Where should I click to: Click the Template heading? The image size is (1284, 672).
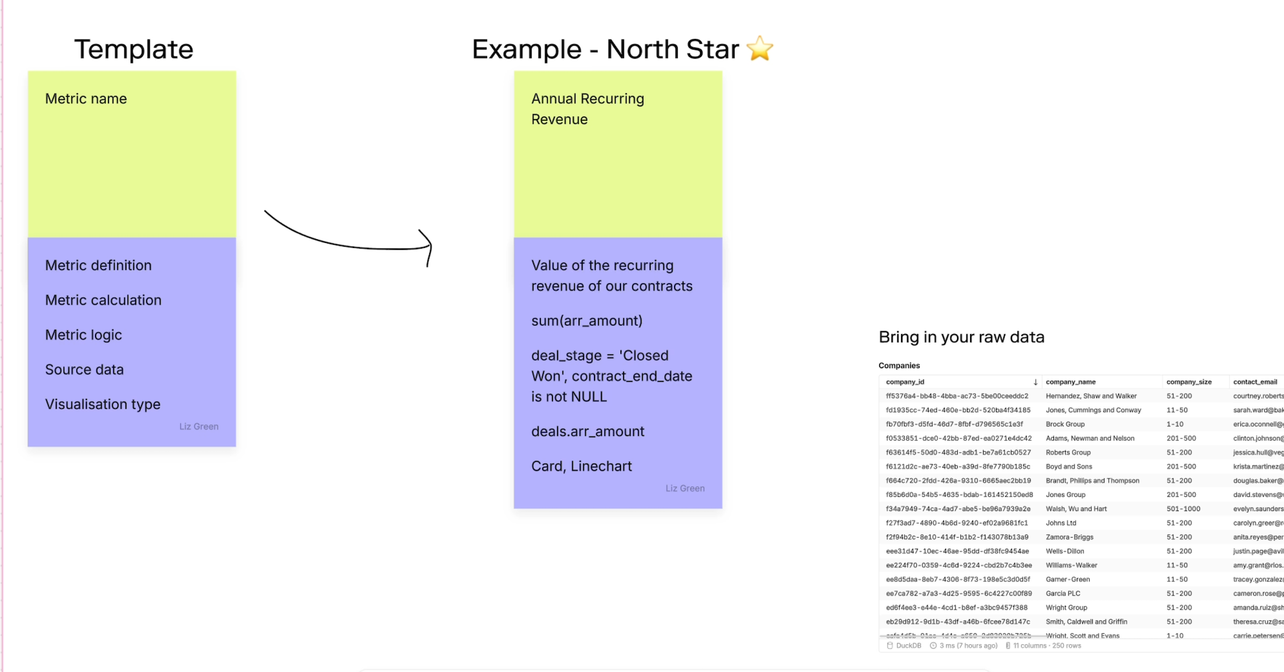click(x=134, y=49)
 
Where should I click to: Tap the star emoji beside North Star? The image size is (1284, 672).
click(x=760, y=49)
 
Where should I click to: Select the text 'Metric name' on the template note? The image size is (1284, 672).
click(x=86, y=99)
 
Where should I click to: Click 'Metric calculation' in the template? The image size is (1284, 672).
click(x=103, y=300)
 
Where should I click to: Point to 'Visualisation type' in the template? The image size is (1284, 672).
click(x=102, y=404)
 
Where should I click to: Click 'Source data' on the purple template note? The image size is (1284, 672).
click(x=84, y=370)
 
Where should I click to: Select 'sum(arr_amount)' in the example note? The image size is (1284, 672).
click(x=586, y=321)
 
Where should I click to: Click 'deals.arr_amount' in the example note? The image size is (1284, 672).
click(x=588, y=432)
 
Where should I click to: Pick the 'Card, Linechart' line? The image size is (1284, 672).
click(x=582, y=466)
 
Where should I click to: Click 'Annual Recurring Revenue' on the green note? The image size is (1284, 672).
click(x=587, y=109)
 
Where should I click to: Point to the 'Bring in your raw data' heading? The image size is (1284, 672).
click(x=961, y=337)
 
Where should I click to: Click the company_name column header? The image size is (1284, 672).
click(x=1071, y=382)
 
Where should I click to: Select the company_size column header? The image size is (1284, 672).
click(x=1188, y=382)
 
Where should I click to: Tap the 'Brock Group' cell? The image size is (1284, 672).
click(x=1065, y=424)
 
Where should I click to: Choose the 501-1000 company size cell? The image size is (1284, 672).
click(x=1183, y=509)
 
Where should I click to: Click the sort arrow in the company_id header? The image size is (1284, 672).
click(x=1035, y=382)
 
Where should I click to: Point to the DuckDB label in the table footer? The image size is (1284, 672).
click(x=908, y=645)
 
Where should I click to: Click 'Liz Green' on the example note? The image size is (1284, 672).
click(x=685, y=488)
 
